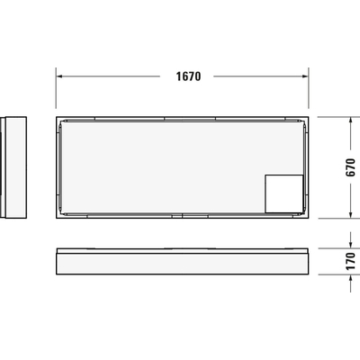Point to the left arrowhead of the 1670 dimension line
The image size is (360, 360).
click(59, 76)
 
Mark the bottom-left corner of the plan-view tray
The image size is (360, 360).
click(57, 218)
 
